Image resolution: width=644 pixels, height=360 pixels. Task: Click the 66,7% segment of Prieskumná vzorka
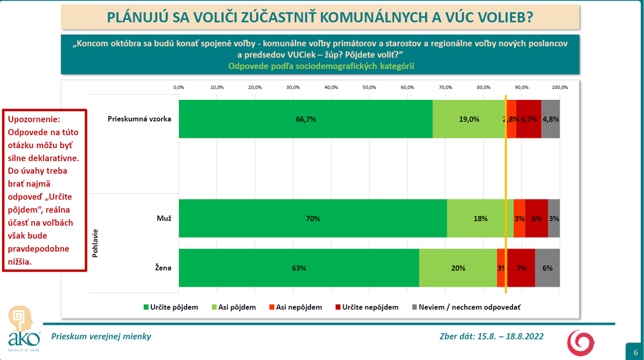(x=305, y=119)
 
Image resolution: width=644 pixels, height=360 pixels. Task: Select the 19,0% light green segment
(x=469, y=119)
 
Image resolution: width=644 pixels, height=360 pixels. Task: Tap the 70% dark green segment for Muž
(x=312, y=218)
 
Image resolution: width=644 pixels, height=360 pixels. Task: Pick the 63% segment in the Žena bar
(x=299, y=268)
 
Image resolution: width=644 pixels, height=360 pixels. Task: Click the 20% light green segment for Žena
(x=458, y=268)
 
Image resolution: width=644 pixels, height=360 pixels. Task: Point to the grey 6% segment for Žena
(x=547, y=268)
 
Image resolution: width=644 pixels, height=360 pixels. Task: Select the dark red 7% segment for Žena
(x=522, y=268)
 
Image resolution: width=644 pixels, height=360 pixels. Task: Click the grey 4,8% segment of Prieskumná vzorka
(x=551, y=119)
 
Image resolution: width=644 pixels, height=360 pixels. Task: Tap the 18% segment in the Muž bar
(x=480, y=218)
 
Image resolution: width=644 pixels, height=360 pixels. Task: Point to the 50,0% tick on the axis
(x=369, y=87)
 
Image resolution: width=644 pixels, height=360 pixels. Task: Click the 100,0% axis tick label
(x=559, y=87)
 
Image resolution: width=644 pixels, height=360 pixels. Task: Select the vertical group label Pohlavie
(x=95, y=243)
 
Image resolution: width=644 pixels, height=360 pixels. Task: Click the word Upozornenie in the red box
(x=32, y=120)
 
